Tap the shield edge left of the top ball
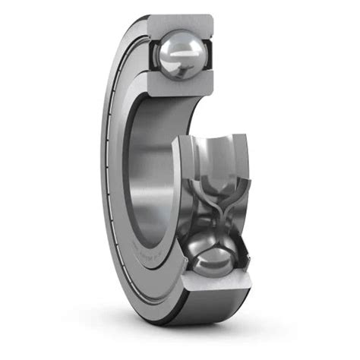pyautogui.click(x=151, y=53)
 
